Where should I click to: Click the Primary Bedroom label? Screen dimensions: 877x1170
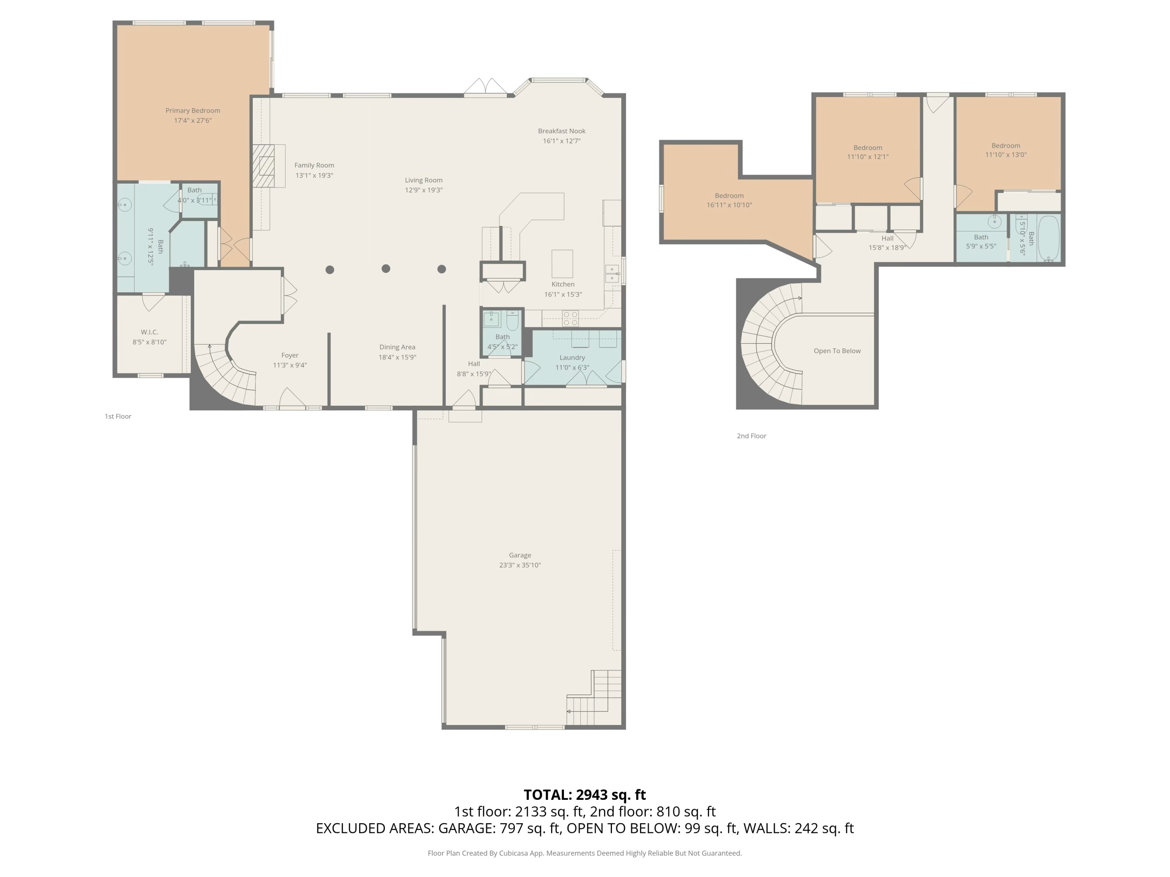tap(193, 110)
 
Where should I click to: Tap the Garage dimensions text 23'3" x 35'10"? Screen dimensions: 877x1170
tap(519, 565)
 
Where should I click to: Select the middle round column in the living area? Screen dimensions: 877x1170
tap(386, 269)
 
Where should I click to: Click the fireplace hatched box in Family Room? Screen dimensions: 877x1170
tap(263, 166)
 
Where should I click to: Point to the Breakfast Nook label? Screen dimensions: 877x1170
tap(561, 131)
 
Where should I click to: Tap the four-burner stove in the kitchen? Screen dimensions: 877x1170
tap(570, 318)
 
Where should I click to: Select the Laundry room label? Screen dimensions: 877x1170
tap(572, 358)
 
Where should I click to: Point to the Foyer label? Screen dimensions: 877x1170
tap(289, 355)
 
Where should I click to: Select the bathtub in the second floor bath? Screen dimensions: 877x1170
tap(1048, 239)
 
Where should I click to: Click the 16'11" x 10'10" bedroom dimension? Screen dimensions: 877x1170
tap(729, 205)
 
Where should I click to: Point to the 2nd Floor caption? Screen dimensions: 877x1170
tap(751, 436)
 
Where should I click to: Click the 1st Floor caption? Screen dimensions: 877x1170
tap(117, 417)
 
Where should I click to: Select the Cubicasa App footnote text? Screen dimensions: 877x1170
tap(585, 853)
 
